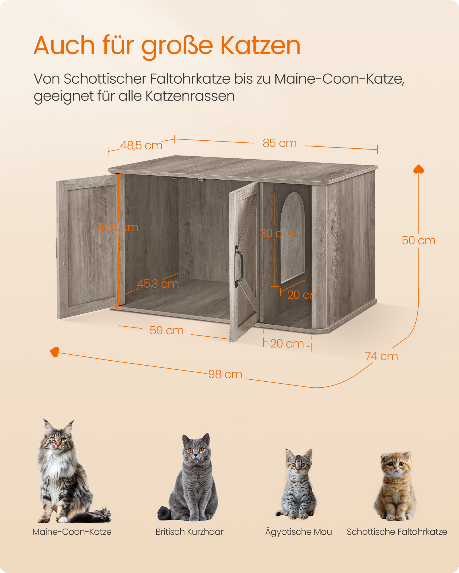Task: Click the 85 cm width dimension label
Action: click(x=279, y=143)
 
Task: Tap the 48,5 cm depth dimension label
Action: click(x=141, y=146)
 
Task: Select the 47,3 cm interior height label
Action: click(x=118, y=227)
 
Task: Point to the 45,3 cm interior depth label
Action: click(x=158, y=284)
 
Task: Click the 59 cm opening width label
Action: click(x=167, y=331)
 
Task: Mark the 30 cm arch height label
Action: click(x=276, y=233)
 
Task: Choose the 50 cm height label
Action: click(x=419, y=241)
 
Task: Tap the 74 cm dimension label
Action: click(x=381, y=356)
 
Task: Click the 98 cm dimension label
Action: click(x=225, y=374)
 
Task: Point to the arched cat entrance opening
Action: click(x=292, y=238)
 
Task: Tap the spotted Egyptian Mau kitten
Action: click(x=298, y=484)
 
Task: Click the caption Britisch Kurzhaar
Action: click(x=189, y=532)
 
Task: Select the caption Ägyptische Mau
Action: click(x=298, y=532)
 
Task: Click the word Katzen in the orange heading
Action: click(x=260, y=46)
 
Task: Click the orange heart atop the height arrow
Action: click(x=419, y=169)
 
